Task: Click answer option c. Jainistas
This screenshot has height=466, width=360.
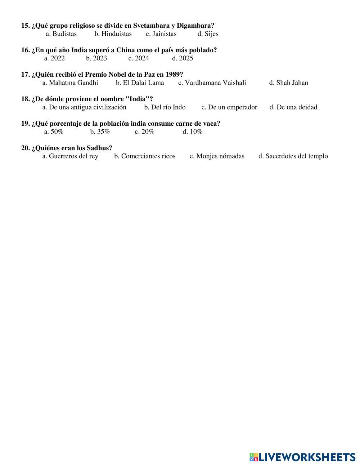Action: (161, 34)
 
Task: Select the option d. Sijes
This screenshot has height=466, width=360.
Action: (208, 34)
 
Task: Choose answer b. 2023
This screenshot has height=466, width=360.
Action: (96, 58)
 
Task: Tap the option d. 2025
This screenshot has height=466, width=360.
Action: (182, 58)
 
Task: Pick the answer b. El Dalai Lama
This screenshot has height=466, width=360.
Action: (140, 83)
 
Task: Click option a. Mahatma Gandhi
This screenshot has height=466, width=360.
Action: (70, 83)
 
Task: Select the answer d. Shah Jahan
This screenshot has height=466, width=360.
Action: (288, 83)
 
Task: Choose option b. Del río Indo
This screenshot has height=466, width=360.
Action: (165, 107)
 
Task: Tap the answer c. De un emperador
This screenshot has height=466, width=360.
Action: (229, 107)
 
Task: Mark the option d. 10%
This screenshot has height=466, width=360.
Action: (192, 132)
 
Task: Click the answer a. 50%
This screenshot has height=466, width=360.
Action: (54, 132)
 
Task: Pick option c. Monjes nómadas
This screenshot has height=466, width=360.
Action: (217, 156)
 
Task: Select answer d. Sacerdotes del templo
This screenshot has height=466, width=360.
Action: (293, 156)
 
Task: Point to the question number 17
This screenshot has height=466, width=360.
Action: (25, 75)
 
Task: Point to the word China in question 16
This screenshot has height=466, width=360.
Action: (125, 50)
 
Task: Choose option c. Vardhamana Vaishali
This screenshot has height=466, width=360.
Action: (212, 83)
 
